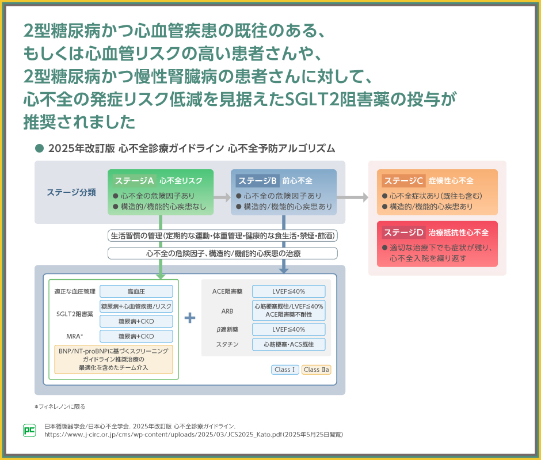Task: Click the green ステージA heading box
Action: tap(134, 180)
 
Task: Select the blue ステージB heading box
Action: tap(256, 180)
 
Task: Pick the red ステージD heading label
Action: tap(403, 233)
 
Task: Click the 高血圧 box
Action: tap(136, 291)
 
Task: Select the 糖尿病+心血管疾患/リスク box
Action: tap(136, 306)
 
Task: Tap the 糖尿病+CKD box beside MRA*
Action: tap(136, 336)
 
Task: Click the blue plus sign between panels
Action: tap(190, 318)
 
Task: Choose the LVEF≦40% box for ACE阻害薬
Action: tap(288, 291)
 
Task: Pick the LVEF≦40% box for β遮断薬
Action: tap(288, 329)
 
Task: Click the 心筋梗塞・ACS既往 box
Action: tap(288, 345)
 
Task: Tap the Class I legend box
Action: tap(285, 370)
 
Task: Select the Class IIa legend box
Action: tap(316, 370)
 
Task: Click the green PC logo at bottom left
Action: tap(29, 429)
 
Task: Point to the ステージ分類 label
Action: tap(71, 192)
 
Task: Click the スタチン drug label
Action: tap(227, 345)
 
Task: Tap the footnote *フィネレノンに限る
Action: tap(60, 406)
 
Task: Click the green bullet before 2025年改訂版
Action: tap(40, 148)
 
